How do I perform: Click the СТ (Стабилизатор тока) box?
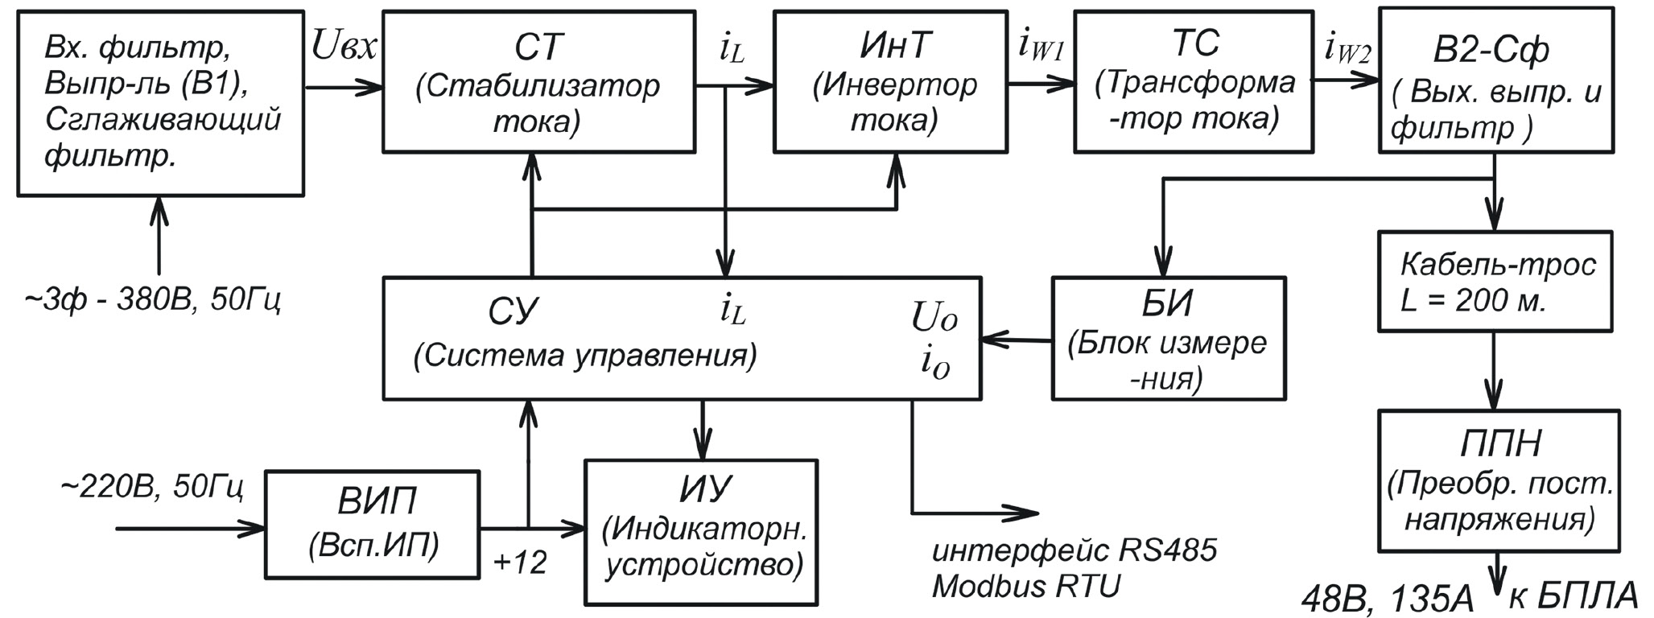pyautogui.click(x=538, y=81)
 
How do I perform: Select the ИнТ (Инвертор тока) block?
pyautogui.click(x=890, y=81)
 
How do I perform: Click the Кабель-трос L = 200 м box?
pyautogui.click(x=1495, y=282)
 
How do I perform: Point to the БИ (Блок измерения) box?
pyautogui.click(x=1168, y=339)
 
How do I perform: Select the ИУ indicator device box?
pyautogui.click(x=701, y=532)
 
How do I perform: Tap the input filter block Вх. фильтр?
pyautogui.click(x=160, y=103)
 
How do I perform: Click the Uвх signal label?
pyautogui.click(x=344, y=48)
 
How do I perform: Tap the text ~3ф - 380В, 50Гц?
pyautogui.click(x=153, y=301)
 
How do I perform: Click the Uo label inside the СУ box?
pyautogui.click(x=934, y=319)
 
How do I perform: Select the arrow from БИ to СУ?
pyautogui.click(x=1017, y=340)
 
